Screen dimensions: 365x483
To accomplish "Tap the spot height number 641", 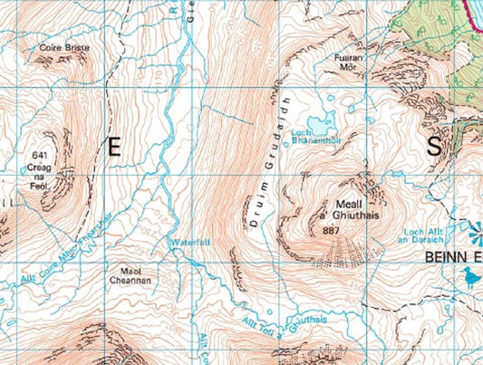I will click(37, 155).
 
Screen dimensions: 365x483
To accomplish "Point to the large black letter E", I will click(114, 149).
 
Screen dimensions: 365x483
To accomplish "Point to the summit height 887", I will click(331, 231).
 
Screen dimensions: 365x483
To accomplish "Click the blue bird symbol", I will click(469, 275).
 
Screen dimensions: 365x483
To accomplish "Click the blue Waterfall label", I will click(188, 243).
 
